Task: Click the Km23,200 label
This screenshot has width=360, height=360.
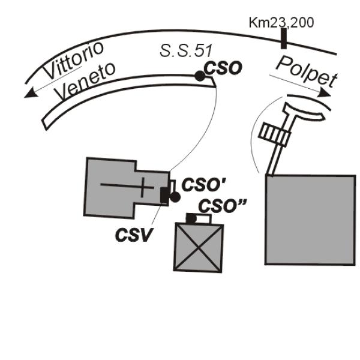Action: click(x=281, y=23)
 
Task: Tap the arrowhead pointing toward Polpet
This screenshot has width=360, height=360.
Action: click(x=325, y=93)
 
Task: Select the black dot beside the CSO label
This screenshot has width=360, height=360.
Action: click(x=199, y=76)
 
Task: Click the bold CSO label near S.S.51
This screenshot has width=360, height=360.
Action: click(x=223, y=68)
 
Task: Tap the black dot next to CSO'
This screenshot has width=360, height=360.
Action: click(x=175, y=197)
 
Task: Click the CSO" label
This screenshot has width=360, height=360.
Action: click(x=223, y=205)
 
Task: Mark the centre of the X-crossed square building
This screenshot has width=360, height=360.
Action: click(x=196, y=248)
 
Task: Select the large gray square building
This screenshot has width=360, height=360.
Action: click(x=310, y=219)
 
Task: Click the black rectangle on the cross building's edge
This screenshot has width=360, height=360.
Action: click(x=164, y=196)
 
